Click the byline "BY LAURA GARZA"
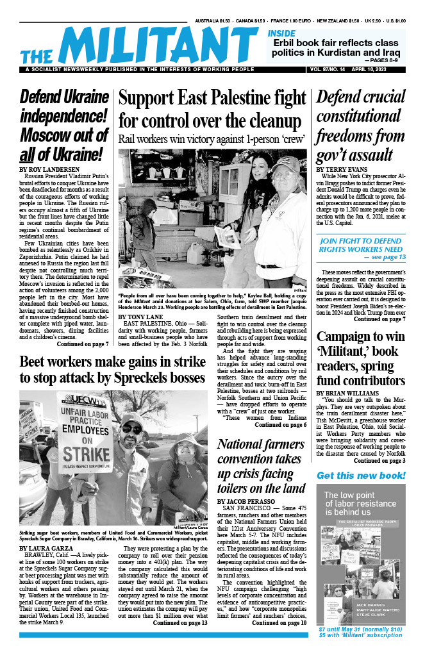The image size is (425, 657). [46, 549]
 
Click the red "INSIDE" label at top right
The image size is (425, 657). [281, 33]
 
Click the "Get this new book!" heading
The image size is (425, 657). [361, 475]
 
